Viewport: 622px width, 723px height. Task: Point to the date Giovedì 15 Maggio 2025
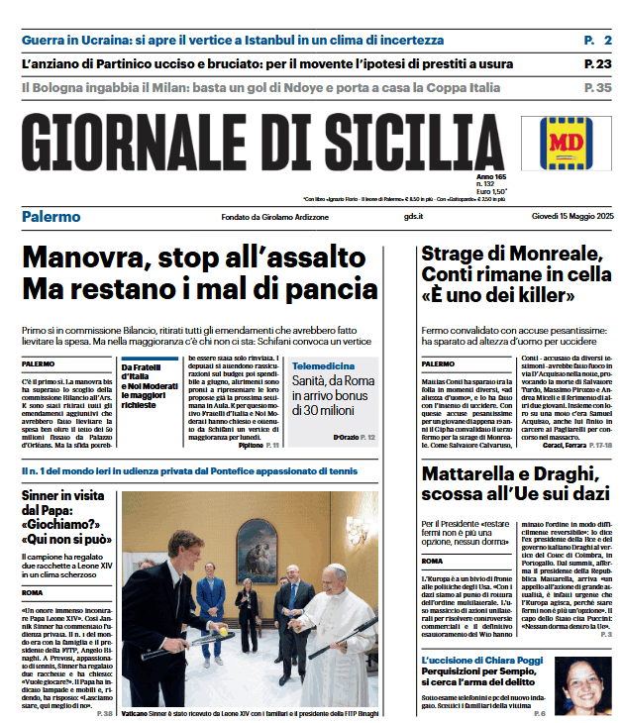[x=572, y=217]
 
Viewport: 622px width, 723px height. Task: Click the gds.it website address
[x=414, y=217]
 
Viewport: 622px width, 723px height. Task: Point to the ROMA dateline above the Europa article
[x=433, y=562]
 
